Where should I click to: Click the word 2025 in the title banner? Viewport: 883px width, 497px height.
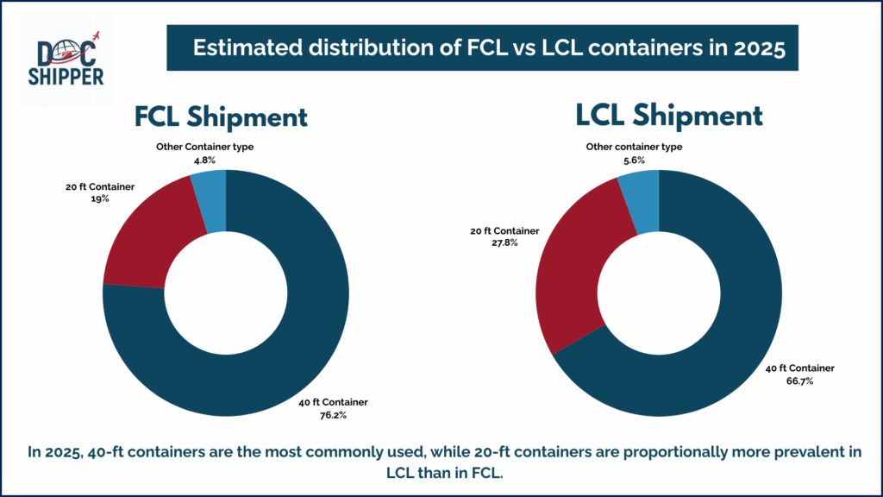(759, 48)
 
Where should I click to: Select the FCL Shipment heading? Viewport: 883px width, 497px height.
(221, 117)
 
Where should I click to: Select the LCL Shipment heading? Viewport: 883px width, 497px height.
(668, 116)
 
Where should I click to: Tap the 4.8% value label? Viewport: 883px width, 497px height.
(204, 160)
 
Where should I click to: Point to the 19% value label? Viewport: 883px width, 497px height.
(100, 199)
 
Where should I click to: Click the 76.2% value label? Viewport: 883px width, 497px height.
(333, 415)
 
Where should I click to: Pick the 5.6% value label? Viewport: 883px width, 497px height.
(634, 160)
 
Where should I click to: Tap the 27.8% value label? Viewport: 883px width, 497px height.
(504, 242)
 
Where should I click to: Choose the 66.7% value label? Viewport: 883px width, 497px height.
(799, 381)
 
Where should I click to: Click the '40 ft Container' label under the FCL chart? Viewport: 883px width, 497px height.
(333, 402)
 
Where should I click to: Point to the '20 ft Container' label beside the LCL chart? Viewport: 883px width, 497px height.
(504, 231)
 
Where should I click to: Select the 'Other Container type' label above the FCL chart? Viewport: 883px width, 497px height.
(204, 147)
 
